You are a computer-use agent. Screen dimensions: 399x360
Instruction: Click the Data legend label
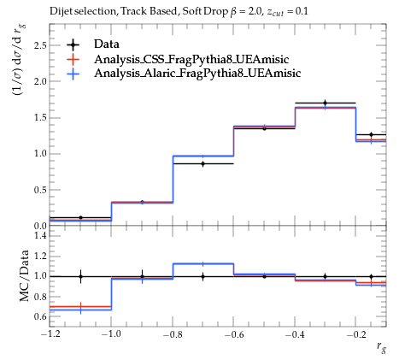[107, 44]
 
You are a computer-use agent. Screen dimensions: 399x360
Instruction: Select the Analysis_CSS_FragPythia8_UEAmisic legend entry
[191, 59]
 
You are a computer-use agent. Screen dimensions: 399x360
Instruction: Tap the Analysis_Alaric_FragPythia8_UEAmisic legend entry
[197, 73]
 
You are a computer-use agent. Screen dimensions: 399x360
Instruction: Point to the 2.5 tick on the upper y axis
[40, 45]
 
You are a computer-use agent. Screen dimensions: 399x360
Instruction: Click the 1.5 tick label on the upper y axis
[40, 118]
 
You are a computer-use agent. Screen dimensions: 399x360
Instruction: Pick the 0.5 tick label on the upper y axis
[40, 190]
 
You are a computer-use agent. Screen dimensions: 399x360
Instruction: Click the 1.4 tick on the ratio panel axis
[40, 236]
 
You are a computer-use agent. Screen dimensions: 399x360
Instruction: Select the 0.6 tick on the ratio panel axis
[40, 316]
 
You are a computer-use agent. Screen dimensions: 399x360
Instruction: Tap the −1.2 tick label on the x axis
[50, 334]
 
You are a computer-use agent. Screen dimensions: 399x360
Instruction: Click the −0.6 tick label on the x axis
[234, 334]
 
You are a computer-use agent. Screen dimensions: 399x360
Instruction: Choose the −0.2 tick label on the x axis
[356, 334]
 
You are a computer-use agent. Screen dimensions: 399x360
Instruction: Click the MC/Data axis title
[24, 275]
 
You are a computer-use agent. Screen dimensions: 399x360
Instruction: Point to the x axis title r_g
[381, 347]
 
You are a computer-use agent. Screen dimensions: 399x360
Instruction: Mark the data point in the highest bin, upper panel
[371, 134]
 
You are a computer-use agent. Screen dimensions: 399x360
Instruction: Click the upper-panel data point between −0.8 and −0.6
[203, 164]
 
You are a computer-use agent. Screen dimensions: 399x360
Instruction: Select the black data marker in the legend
[73, 44]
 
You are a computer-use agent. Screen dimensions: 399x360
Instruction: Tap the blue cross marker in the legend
[73, 74]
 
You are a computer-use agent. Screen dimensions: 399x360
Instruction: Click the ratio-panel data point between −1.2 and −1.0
[80, 276]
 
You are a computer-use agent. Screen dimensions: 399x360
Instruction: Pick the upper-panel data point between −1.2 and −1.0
[80, 218]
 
